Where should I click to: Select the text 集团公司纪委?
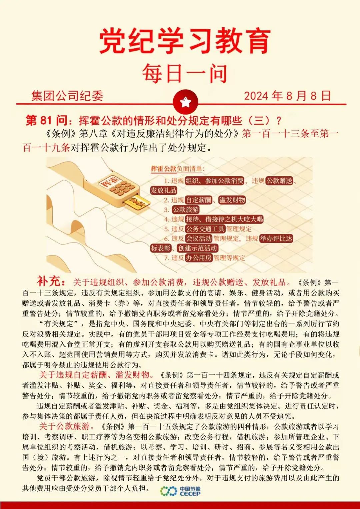coord(67,96)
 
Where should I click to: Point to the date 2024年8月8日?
coord(287,96)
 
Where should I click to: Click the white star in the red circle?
coord(185,102)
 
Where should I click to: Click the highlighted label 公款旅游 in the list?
coord(186,210)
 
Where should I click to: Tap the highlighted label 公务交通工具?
coord(205,229)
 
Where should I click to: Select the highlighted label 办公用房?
coord(199,257)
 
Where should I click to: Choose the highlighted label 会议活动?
coord(199,239)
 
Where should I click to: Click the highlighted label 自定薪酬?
coord(199,200)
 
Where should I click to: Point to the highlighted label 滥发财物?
coord(232,200)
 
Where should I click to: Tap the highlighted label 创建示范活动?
coord(198,248)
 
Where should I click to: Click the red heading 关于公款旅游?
coord(65,426)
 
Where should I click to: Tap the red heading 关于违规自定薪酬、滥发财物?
coord(94,375)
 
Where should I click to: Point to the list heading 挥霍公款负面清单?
coord(178,169)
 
